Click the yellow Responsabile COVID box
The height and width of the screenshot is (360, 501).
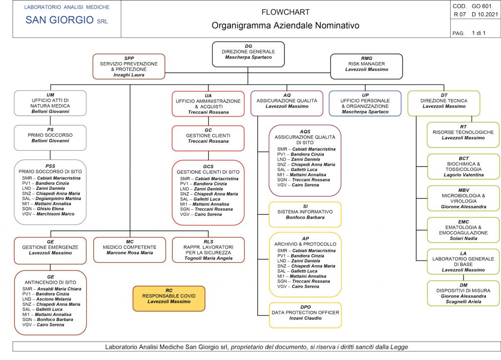coord(169,298)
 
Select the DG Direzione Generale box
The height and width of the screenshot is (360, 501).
coord(248,54)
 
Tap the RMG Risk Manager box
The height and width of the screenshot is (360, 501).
coord(366,66)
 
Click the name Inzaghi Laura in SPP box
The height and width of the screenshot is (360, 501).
coord(129,75)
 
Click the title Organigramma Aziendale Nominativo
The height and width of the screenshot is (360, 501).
coord(285,25)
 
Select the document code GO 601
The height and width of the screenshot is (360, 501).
coord(481,6)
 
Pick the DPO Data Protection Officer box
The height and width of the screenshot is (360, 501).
coord(305,315)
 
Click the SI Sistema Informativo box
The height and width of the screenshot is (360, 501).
coord(305,214)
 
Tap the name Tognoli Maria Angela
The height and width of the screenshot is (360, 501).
coord(208,258)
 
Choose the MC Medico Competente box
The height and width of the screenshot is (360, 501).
coord(129,250)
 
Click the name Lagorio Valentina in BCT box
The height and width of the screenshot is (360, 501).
coord(464,175)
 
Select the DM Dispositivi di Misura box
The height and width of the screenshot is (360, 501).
coord(463,293)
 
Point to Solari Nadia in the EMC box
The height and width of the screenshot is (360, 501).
coord(464,238)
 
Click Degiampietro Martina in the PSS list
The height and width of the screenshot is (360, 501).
coord(58,199)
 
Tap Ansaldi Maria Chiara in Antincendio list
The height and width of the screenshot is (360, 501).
coord(59,289)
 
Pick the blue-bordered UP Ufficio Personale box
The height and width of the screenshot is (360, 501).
coord(365,103)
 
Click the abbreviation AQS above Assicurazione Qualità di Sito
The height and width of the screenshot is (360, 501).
coord(305,131)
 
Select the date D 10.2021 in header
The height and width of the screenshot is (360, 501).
coord(485,14)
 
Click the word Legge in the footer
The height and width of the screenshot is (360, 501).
coord(399,347)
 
